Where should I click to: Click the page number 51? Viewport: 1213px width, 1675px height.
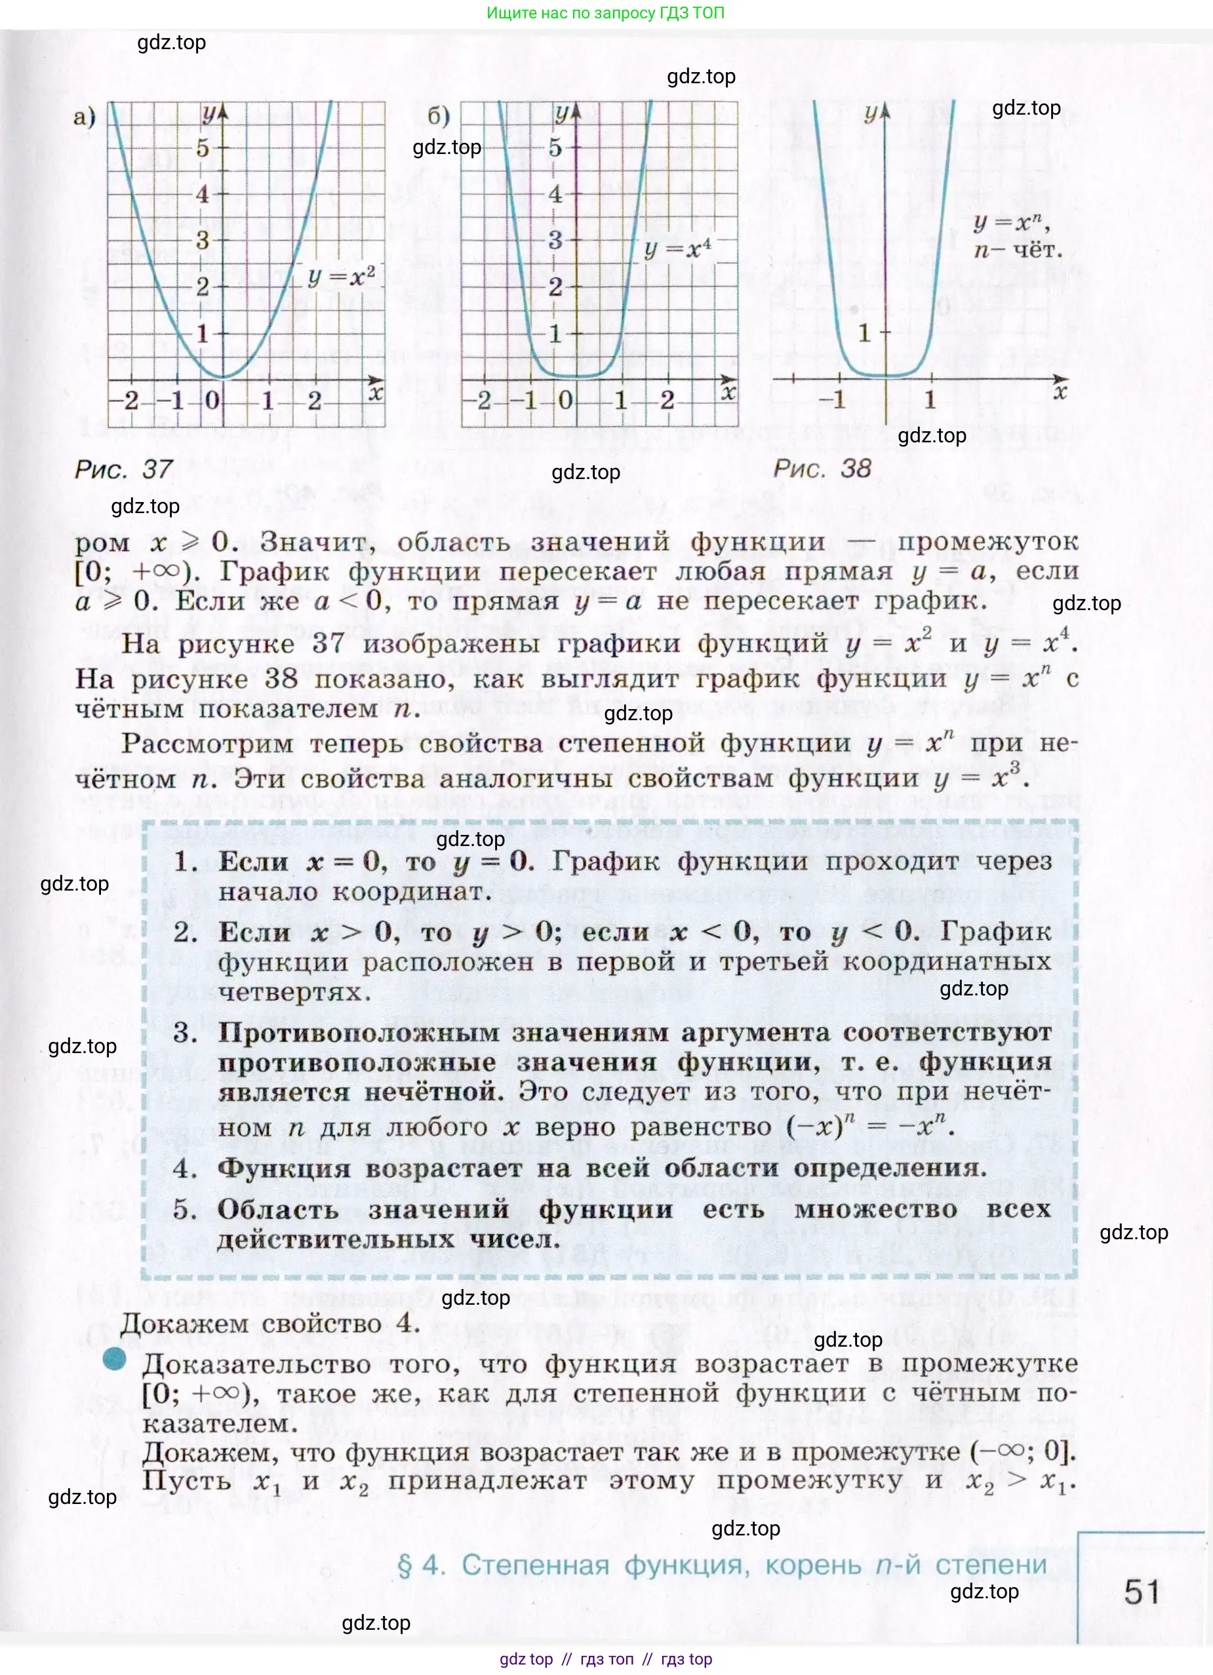1142,1591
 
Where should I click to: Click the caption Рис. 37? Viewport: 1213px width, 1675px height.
124,469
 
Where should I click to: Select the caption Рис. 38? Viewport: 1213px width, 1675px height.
822,469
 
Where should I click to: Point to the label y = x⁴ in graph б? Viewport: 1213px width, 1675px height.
677,249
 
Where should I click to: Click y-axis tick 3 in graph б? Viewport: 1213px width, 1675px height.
555,240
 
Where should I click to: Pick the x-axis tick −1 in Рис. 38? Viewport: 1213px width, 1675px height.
832,400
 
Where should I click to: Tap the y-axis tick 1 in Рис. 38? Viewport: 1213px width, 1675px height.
864,333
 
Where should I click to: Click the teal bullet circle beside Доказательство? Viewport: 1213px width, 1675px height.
115,1359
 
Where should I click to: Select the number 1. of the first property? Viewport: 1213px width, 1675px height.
185,862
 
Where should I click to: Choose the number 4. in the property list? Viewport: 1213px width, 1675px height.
185,1168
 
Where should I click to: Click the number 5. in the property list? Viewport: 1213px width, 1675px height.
185,1209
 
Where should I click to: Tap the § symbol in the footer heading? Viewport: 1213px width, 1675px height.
405,1565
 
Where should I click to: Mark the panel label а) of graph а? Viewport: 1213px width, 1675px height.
84,116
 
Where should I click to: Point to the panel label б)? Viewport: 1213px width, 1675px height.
439,116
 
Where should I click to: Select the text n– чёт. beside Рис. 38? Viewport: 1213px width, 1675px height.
1018,250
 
